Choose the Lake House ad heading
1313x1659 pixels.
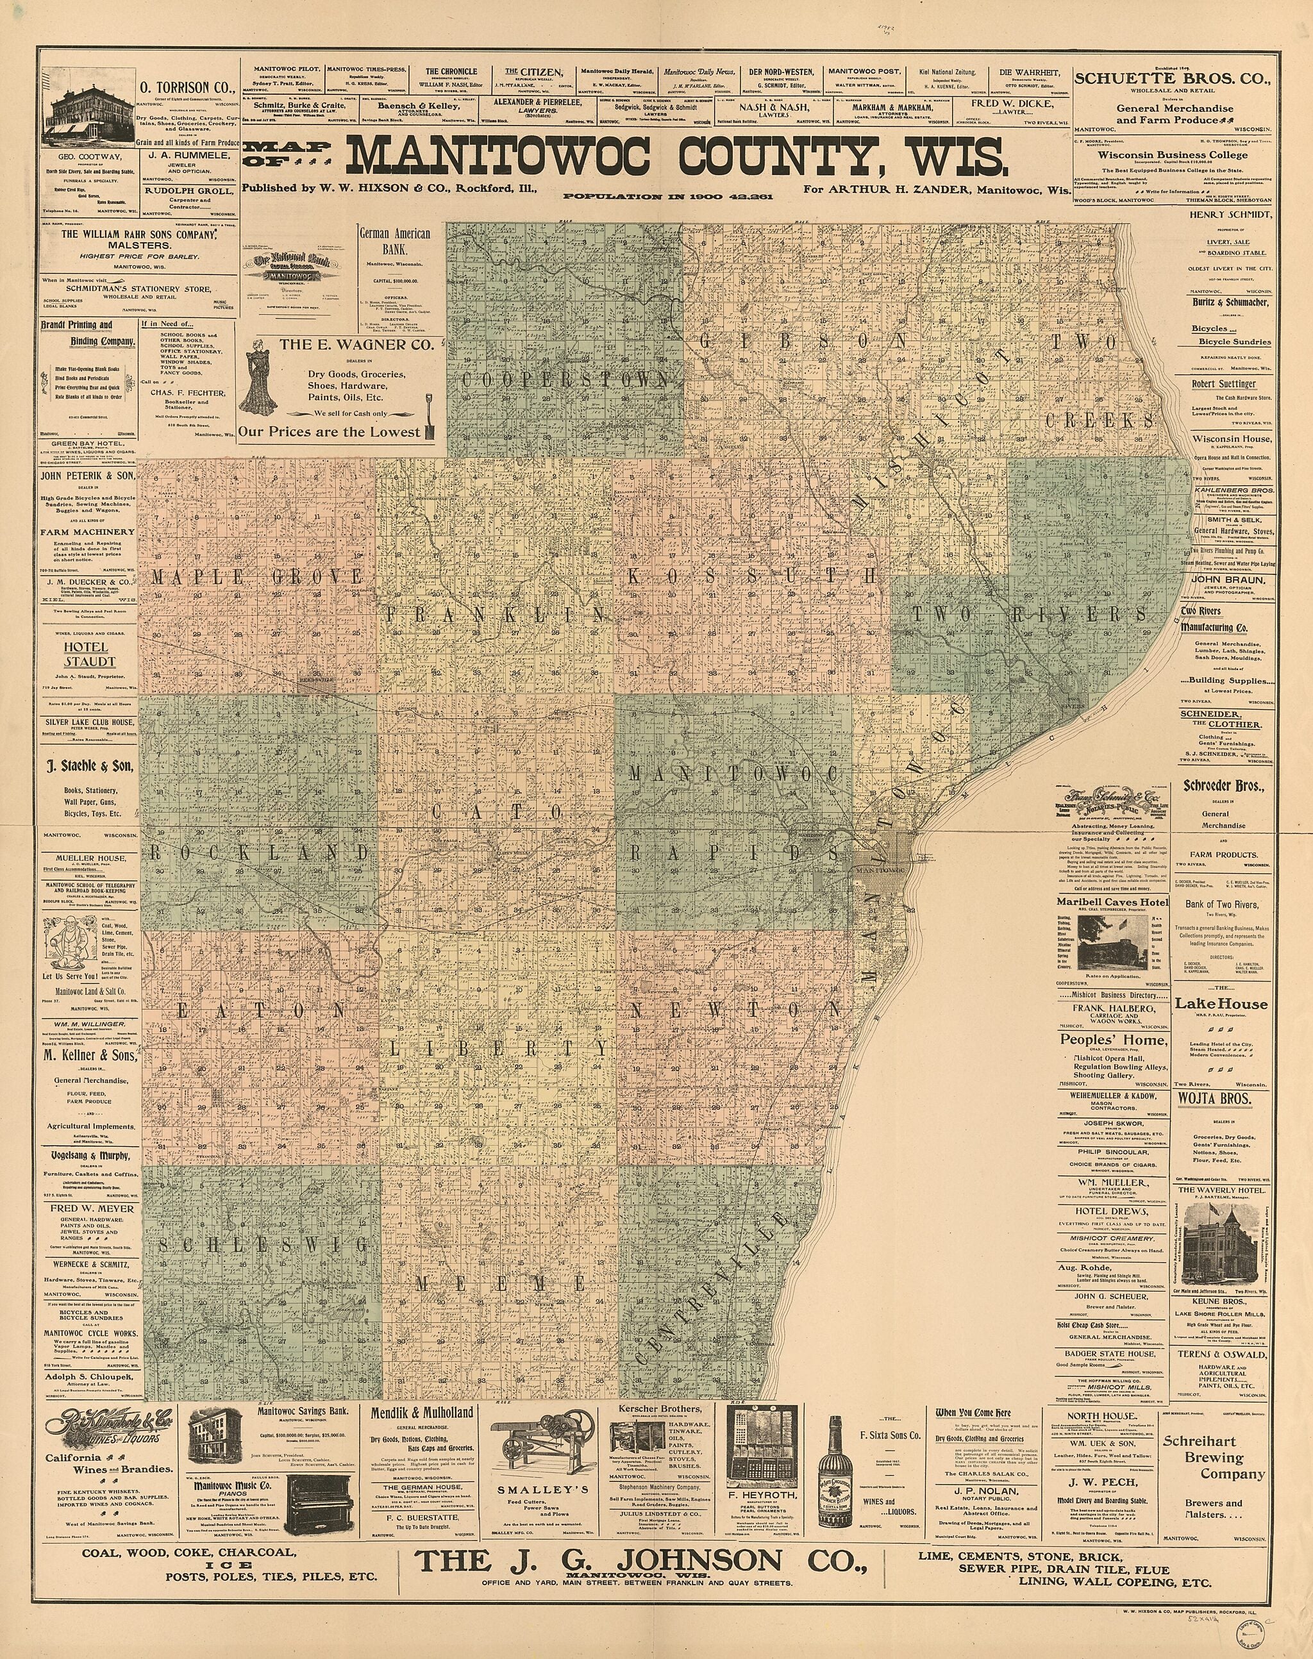[1221, 1004]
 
